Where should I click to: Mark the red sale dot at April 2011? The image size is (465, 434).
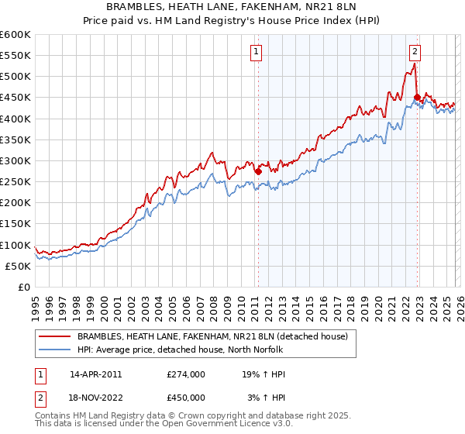(x=258, y=172)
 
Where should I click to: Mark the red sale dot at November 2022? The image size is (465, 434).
(x=417, y=98)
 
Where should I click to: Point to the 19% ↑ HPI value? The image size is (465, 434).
(x=264, y=374)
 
